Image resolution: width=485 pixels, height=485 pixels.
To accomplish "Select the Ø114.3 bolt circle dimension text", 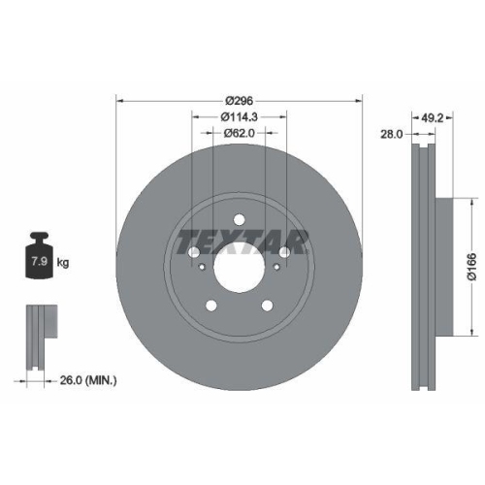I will click(239, 117).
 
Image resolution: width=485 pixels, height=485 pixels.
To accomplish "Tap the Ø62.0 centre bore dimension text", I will click(239, 133).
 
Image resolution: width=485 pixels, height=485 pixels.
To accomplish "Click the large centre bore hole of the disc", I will click(239, 265).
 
